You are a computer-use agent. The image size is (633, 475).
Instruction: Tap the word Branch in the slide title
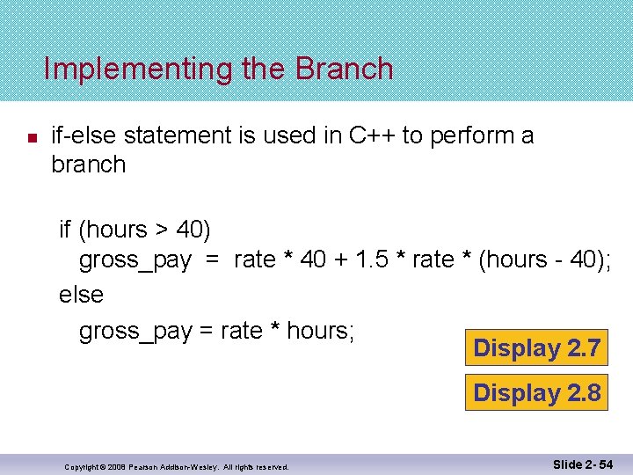(x=345, y=69)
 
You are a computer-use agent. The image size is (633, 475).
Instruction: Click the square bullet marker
(x=29, y=138)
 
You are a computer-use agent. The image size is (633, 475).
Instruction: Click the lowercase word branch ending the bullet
(x=88, y=164)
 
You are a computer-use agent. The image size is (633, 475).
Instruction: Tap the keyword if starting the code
(x=65, y=230)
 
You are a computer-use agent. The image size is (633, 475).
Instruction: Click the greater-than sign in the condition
(x=162, y=230)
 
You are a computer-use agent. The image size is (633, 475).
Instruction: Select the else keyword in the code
(x=81, y=295)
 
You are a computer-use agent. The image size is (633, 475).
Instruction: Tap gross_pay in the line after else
(x=135, y=331)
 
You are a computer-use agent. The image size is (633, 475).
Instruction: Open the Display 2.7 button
(x=536, y=348)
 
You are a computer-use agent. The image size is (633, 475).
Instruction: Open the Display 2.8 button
(x=536, y=392)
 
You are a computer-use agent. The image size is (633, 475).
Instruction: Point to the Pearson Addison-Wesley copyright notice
(x=177, y=466)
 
